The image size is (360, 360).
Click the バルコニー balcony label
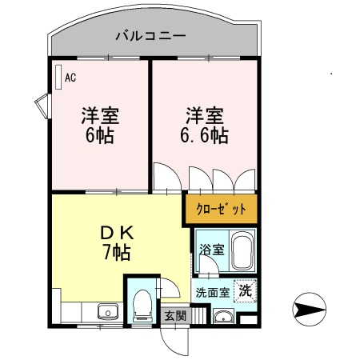[x=150, y=36]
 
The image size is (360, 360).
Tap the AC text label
[x=70, y=78]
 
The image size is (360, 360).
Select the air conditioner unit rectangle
[x=58, y=77]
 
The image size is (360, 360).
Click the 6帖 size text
[x=100, y=136]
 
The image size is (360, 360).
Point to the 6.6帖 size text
[x=204, y=136]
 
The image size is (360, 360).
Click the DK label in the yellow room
[x=117, y=233]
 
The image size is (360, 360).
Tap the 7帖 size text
[x=117, y=253]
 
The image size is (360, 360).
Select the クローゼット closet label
[x=221, y=209]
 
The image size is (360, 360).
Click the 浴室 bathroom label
[x=212, y=250]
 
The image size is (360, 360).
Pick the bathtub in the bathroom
[x=242, y=251]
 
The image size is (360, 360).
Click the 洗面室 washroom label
[x=213, y=293]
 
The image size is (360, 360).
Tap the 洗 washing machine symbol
[x=246, y=290]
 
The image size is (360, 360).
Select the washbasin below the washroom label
[x=224, y=317]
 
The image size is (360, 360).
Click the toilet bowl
[x=142, y=306]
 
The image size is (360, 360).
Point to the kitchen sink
[x=108, y=311]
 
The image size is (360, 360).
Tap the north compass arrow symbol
[x=310, y=310]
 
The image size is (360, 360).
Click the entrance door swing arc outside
[x=170, y=346]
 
